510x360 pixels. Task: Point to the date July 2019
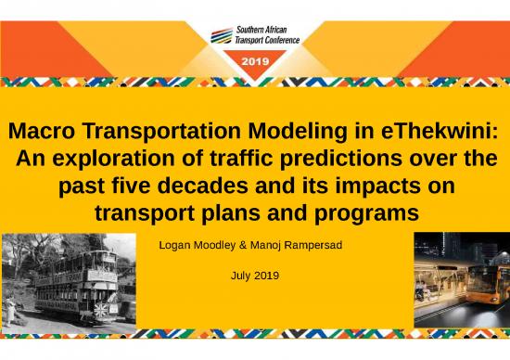254,276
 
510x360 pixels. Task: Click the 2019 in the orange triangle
254,61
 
